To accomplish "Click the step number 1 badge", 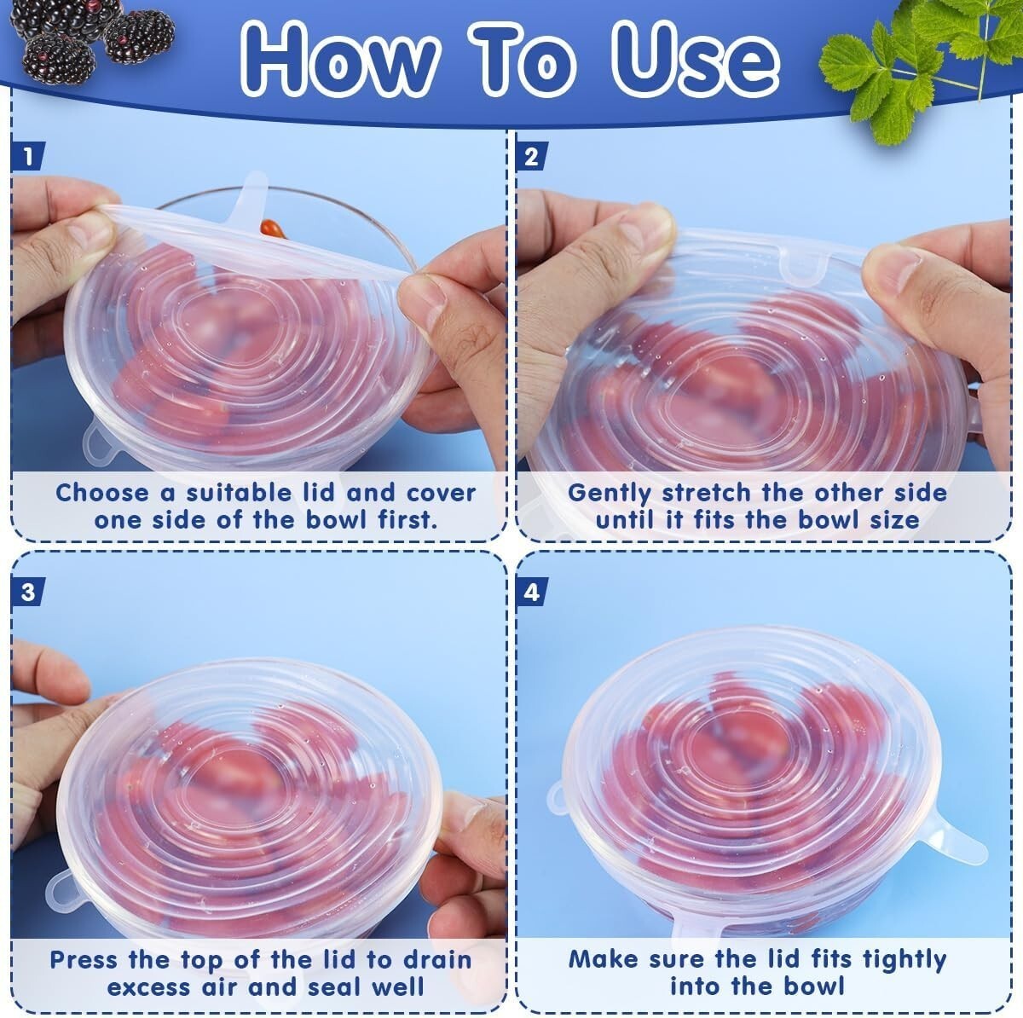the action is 27,156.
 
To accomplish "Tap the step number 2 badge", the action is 531,156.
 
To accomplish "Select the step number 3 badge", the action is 27,592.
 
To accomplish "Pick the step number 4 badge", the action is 531,592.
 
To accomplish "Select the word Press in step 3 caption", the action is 84,959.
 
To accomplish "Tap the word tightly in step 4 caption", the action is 905,960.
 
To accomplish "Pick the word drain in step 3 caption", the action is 437,959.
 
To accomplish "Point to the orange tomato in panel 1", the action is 272,228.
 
